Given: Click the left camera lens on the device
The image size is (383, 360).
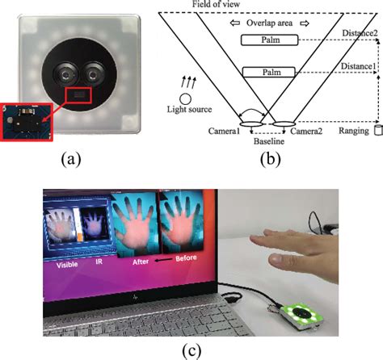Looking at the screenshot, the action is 65,75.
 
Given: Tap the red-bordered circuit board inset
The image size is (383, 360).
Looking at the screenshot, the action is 27,122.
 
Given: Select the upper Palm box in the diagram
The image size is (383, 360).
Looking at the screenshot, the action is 270,40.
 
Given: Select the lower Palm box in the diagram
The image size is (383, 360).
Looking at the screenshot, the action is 269,72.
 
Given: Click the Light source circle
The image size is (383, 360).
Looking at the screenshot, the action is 185,98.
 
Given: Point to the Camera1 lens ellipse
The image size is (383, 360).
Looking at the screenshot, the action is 250,123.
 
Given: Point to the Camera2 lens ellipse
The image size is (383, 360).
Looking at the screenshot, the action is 284,123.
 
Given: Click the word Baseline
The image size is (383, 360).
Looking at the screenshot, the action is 269,141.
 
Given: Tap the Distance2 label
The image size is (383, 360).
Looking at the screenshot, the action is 360,33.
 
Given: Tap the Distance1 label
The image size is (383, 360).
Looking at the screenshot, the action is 358,66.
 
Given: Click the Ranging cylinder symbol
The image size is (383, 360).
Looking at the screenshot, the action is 378,130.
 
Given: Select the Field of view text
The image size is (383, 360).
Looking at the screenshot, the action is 216,4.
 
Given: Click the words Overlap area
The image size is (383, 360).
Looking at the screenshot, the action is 269,23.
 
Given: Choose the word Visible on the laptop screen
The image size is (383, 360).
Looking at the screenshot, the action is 67,265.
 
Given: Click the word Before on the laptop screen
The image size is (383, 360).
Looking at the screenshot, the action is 186,258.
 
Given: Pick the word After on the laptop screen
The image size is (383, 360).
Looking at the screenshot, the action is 141,262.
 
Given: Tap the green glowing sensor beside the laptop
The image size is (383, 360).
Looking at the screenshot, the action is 301,316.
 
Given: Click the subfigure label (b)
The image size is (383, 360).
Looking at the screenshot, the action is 271,159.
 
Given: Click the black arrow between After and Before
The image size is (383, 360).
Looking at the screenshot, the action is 162,260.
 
